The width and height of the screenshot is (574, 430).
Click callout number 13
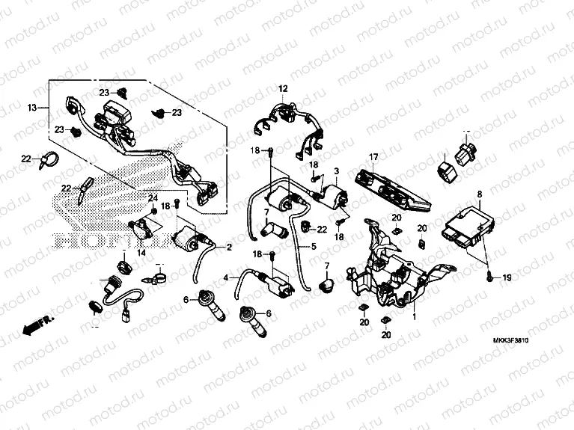[x=31, y=108]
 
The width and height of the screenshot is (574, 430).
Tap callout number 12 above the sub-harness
[x=283, y=89]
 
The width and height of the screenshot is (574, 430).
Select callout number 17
[x=372, y=156]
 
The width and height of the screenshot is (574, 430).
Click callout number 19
[x=507, y=278]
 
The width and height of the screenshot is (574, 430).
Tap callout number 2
[x=230, y=247]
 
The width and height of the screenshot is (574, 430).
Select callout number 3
[x=337, y=171]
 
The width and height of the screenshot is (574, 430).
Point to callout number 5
[x=314, y=245]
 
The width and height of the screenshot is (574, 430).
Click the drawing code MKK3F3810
[x=510, y=340]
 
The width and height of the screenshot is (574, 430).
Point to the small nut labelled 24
[x=154, y=211]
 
